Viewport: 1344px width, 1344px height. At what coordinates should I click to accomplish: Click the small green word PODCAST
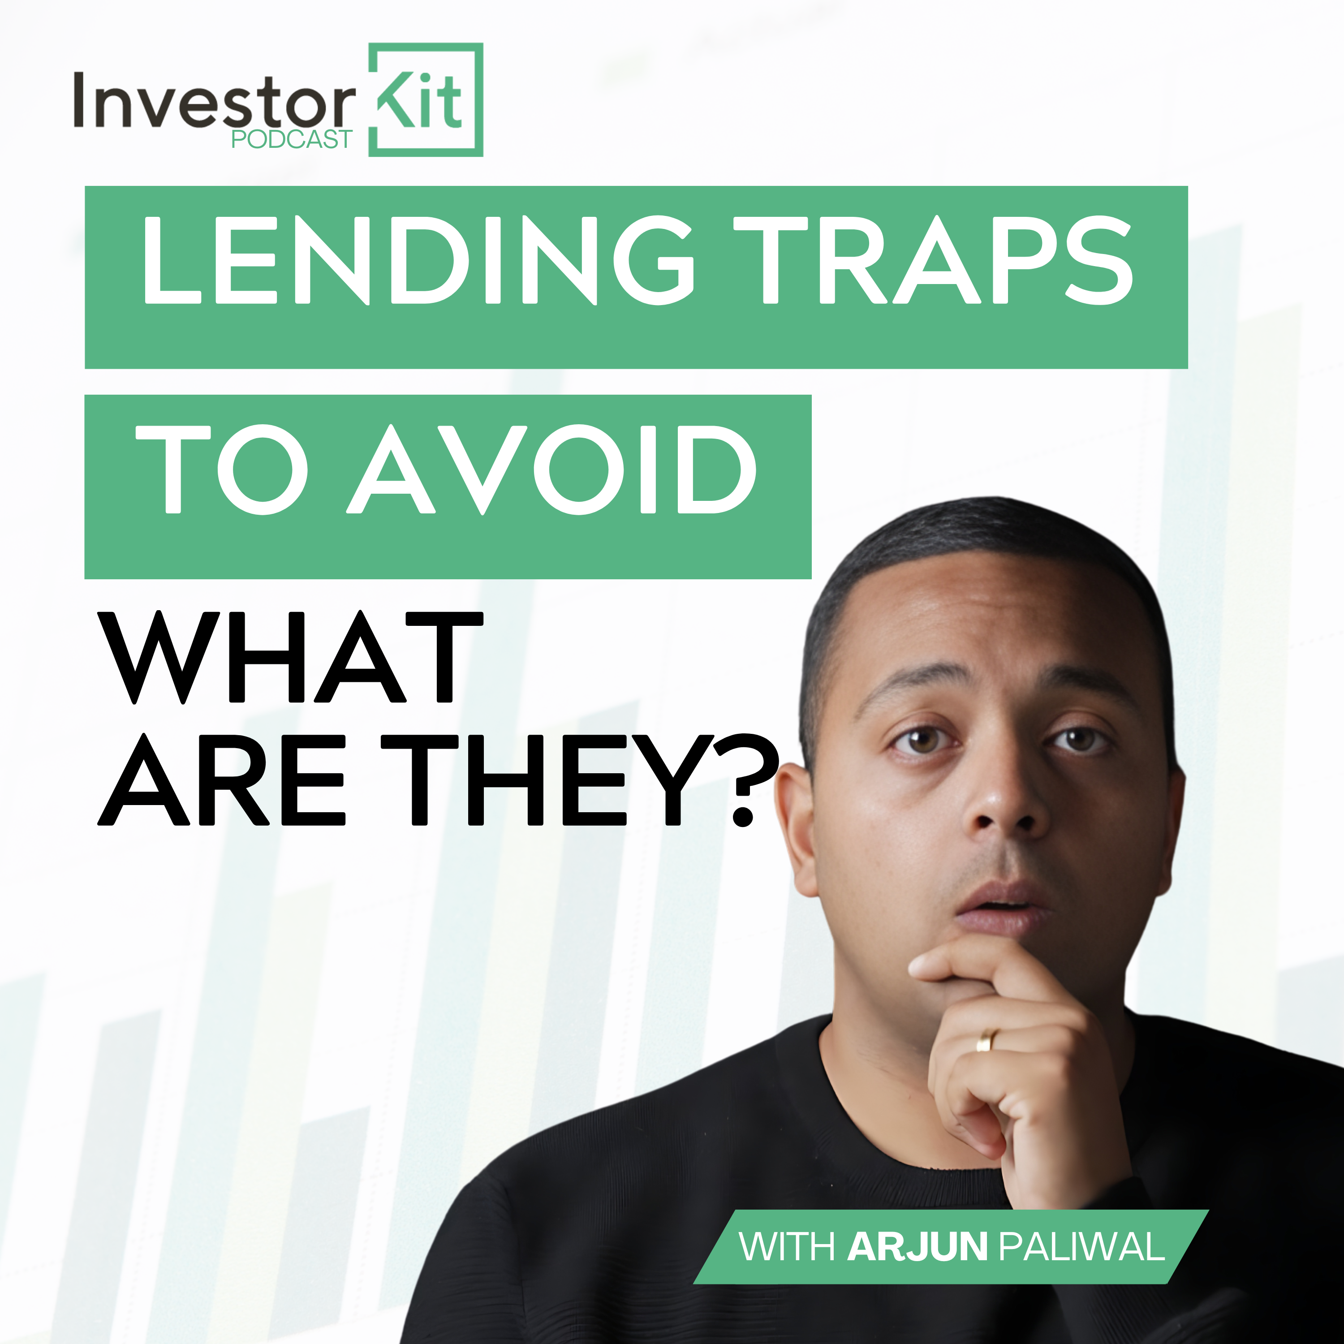pyautogui.click(x=292, y=140)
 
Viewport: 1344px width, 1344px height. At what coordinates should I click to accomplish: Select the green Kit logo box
pyautogui.click(x=425, y=99)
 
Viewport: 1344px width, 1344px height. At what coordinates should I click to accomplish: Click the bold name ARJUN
pyautogui.click(x=917, y=1247)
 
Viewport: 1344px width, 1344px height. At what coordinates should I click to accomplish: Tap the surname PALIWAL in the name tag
pyautogui.click(x=1082, y=1247)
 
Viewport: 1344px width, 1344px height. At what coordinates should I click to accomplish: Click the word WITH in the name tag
pyautogui.click(x=787, y=1247)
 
